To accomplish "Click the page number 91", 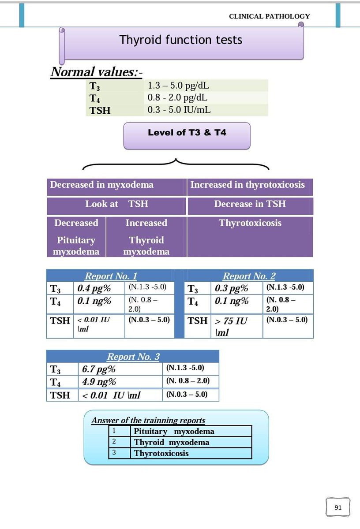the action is coord(338,507).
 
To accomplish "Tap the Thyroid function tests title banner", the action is coord(181,40).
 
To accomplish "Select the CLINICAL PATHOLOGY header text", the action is coord(269,16).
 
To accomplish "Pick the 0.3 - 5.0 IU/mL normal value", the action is coord(179,110).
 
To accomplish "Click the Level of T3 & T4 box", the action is coord(187,132).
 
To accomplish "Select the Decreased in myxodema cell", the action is coord(102,185).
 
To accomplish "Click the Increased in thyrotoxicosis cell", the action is coord(247,185).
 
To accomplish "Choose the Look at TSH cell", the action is coord(117,204).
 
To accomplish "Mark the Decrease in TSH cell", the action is coord(250,204).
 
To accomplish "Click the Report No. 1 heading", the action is coord(111,276).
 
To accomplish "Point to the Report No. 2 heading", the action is coord(249,276).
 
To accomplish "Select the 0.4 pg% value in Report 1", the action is coord(94,289).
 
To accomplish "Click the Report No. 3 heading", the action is coord(133,357).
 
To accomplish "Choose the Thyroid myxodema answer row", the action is coord(172,443).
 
